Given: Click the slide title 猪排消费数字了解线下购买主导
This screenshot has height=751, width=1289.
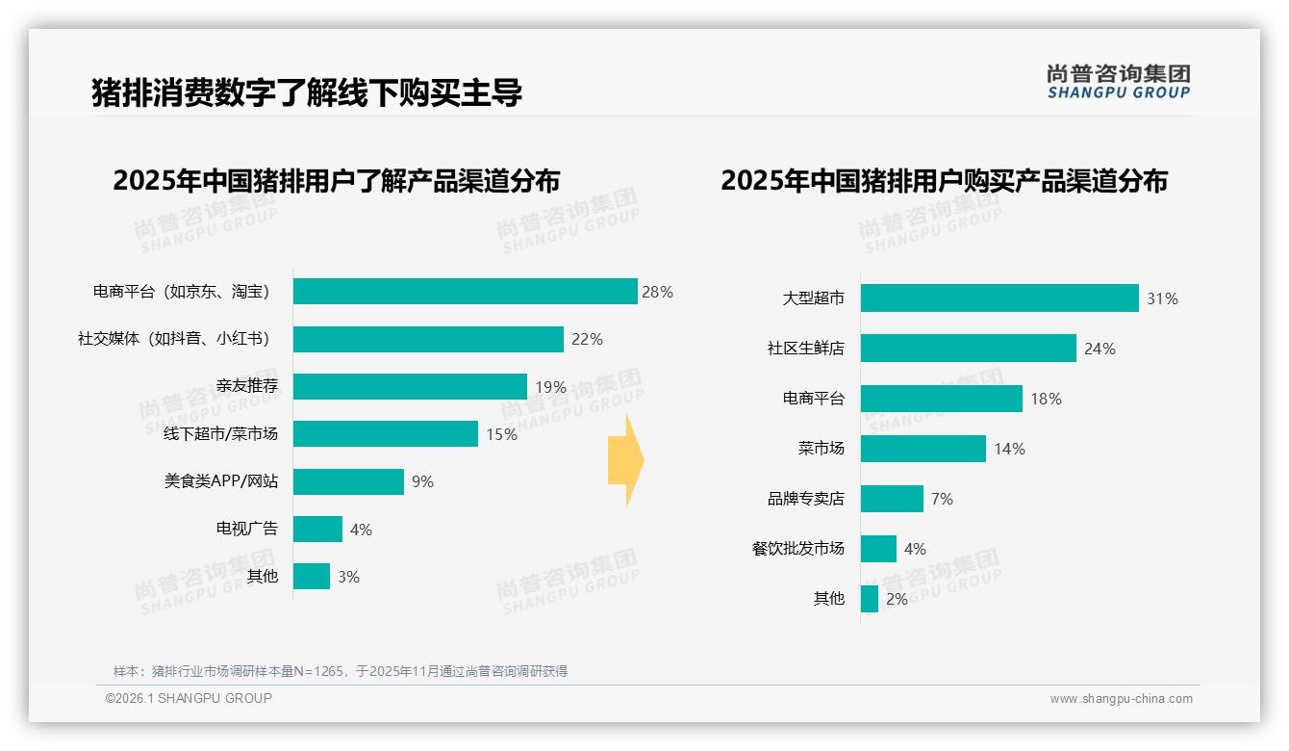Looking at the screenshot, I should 307,92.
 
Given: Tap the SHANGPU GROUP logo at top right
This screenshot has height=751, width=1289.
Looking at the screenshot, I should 1118,82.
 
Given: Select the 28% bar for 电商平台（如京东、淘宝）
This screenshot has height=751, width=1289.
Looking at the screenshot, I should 465,292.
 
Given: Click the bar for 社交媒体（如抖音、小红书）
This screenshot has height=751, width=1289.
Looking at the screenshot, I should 428,339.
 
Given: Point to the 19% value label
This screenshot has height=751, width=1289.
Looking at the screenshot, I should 550,387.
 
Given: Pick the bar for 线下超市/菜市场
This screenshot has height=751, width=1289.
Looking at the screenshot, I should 385,434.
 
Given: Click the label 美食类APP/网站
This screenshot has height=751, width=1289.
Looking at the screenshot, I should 220,481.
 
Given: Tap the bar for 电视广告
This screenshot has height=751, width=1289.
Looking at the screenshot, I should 317,530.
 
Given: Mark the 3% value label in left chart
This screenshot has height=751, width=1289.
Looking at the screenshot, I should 348,577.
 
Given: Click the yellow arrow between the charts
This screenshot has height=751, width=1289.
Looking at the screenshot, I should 625,461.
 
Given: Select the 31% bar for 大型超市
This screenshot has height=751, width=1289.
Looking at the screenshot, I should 999,298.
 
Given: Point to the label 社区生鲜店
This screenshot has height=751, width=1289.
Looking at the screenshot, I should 805,349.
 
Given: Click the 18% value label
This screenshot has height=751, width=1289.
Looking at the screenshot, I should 1046,399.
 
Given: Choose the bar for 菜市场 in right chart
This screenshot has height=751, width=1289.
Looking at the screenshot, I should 923,449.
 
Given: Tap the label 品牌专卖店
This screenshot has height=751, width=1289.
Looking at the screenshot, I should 805,499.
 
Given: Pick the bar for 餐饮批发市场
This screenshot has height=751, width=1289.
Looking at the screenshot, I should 878,549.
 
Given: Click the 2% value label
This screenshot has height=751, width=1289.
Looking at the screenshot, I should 897,599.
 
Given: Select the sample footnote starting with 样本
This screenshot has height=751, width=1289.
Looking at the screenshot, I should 341,671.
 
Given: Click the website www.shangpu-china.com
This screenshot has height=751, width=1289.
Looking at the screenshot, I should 1121,699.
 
